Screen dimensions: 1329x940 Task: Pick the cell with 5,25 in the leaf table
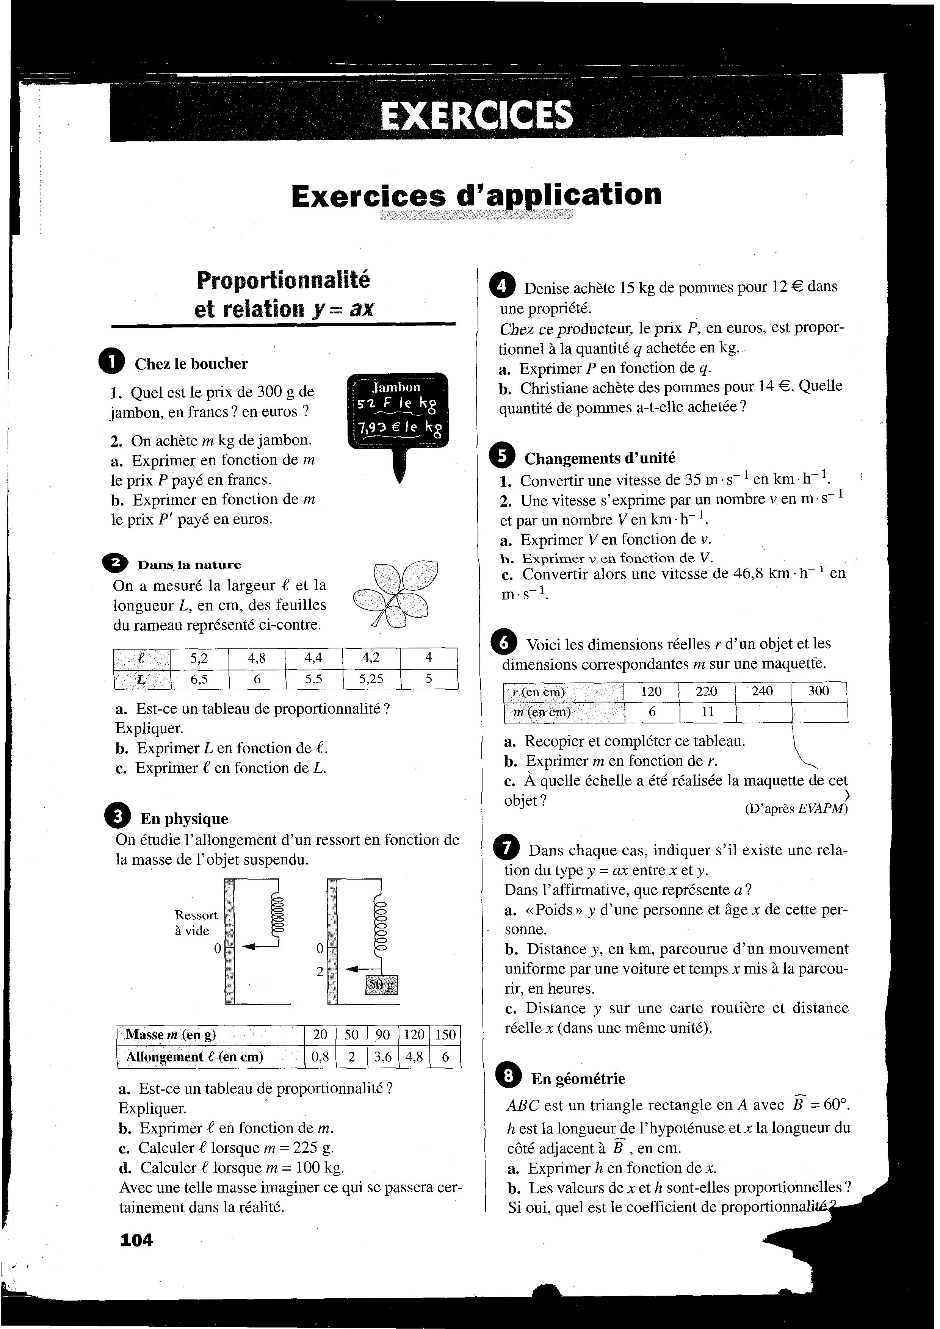[371, 678]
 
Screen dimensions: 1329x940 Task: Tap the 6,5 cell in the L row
[199, 678]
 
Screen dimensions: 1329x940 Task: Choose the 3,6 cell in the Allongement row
[382, 1057]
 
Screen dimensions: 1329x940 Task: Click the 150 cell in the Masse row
[445, 1035]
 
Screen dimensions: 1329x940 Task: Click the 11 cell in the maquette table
[707, 712]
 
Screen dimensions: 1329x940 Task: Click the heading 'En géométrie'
[578, 1079]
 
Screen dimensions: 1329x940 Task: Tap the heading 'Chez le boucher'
[191, 363]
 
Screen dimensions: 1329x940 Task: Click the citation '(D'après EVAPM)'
[796, 809]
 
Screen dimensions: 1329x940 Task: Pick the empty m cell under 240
[763, 712]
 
